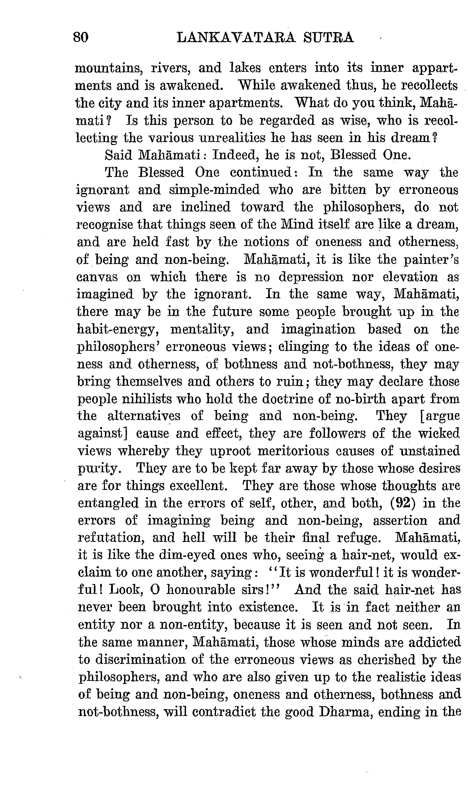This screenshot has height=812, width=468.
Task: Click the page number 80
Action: coord(81,37)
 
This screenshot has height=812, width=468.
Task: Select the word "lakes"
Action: coord(245,68)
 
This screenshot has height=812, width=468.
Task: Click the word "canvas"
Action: coord(97,277)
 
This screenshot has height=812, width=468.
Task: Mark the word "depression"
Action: coord(311,277)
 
